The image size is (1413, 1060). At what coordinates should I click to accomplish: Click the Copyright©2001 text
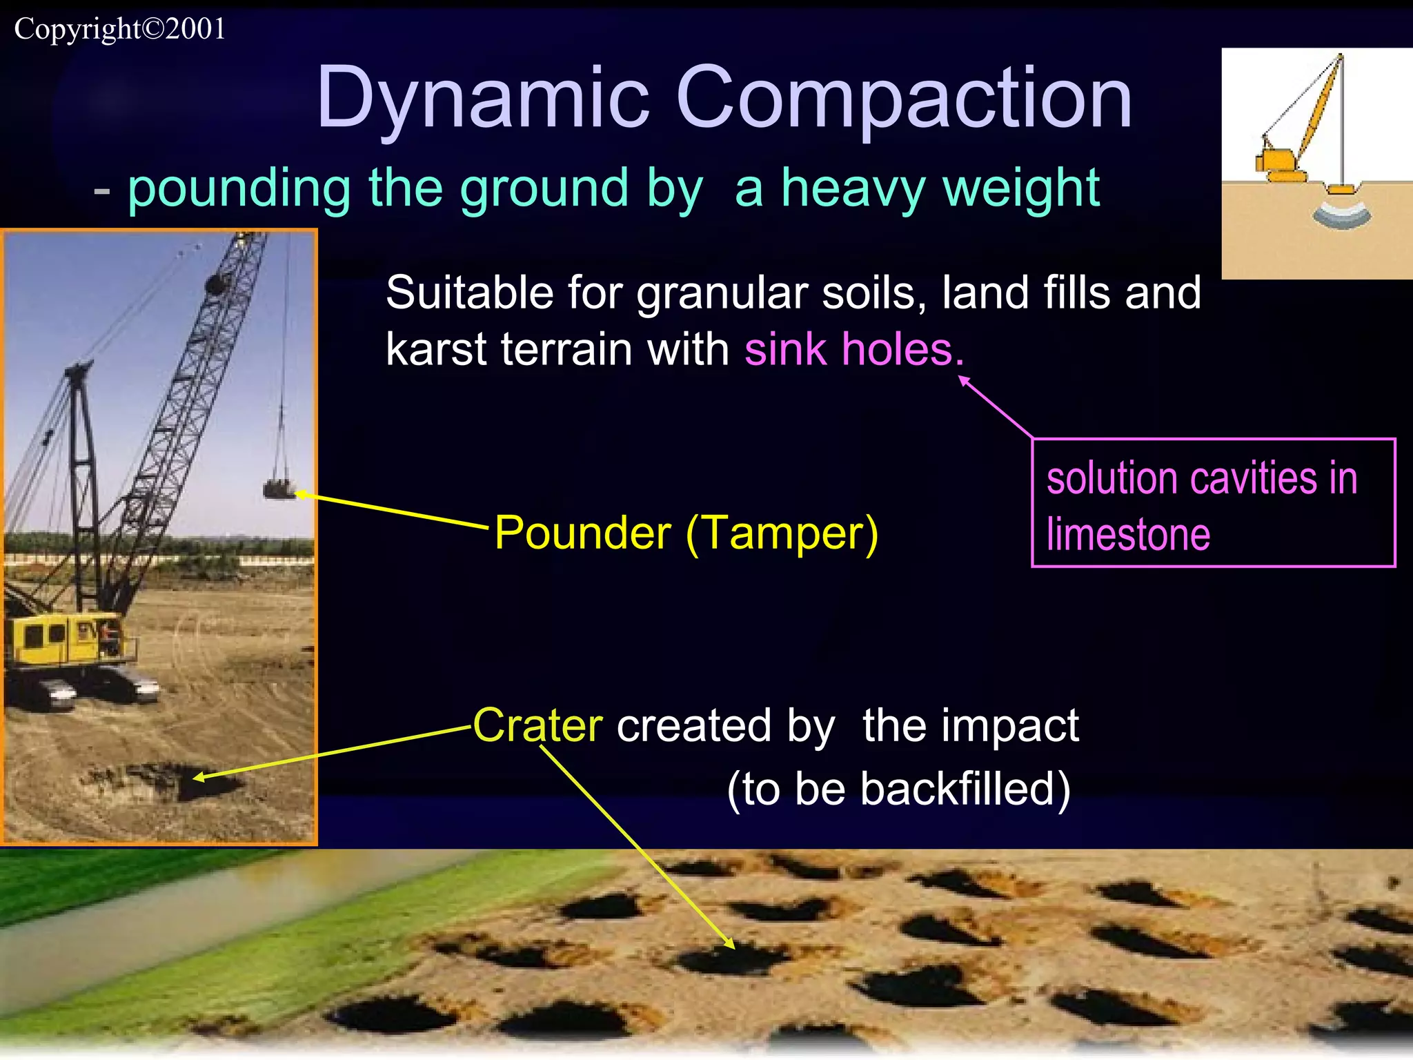coord(119,29)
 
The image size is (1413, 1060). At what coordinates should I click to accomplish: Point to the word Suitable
coord(470,293)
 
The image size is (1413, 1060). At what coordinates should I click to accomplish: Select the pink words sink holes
coord(853,349)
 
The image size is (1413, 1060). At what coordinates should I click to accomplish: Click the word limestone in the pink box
coord(1128,535)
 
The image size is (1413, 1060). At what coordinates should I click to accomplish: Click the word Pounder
coord(583,533)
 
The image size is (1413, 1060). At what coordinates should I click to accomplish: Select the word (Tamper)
coord(782,533)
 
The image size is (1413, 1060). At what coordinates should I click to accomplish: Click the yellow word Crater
coord(537,725)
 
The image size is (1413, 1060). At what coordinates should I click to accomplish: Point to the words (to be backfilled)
coord(898,788)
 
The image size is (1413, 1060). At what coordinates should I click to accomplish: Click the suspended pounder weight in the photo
coord(279,489)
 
